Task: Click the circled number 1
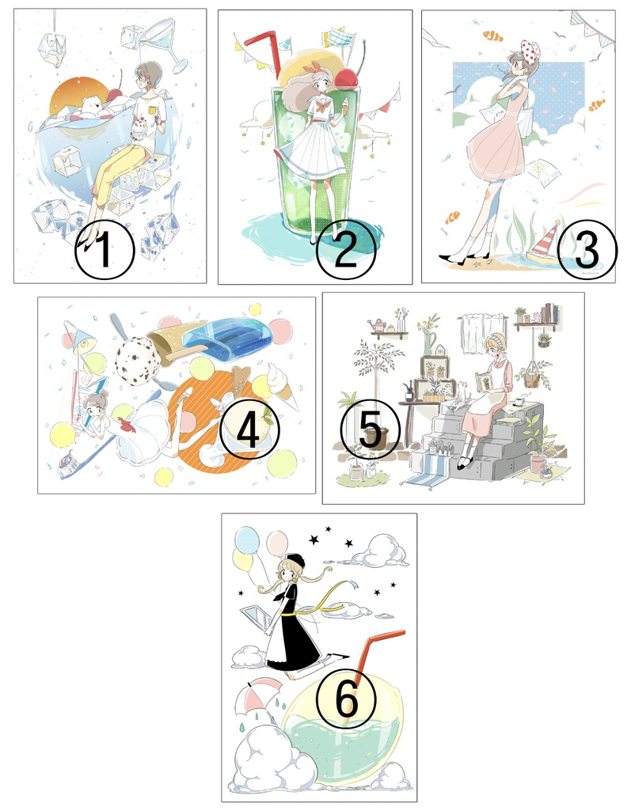[105, 250]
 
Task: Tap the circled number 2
[345, 250]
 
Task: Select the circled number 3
[587, 249]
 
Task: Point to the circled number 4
[249, 430]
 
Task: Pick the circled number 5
[371, 429]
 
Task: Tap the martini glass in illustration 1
[165, 44]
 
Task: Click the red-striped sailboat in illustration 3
[544, 244]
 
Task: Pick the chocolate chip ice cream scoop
[135, 358]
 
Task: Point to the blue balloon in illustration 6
[247, 539]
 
